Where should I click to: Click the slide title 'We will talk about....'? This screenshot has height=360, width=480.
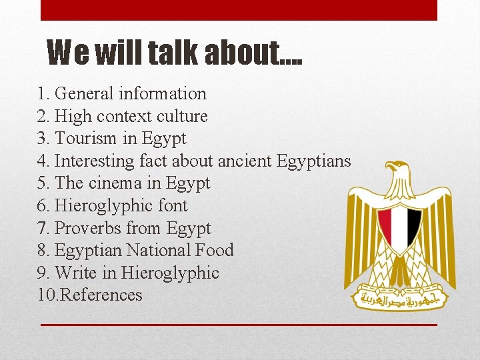pos(175,52)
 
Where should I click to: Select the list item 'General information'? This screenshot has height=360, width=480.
pos(130,94)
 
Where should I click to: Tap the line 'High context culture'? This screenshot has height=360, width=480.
pos(131,117)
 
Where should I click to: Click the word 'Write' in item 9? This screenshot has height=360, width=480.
pos(76,273)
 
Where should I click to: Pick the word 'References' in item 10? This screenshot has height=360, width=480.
pos(101,295)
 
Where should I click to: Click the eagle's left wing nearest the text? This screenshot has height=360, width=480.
pos(363,227)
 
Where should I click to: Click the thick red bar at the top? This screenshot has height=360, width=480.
pos(239,10)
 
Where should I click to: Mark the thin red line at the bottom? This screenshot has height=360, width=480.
pos(239,325)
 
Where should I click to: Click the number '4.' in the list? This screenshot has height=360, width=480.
pos(44,161)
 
